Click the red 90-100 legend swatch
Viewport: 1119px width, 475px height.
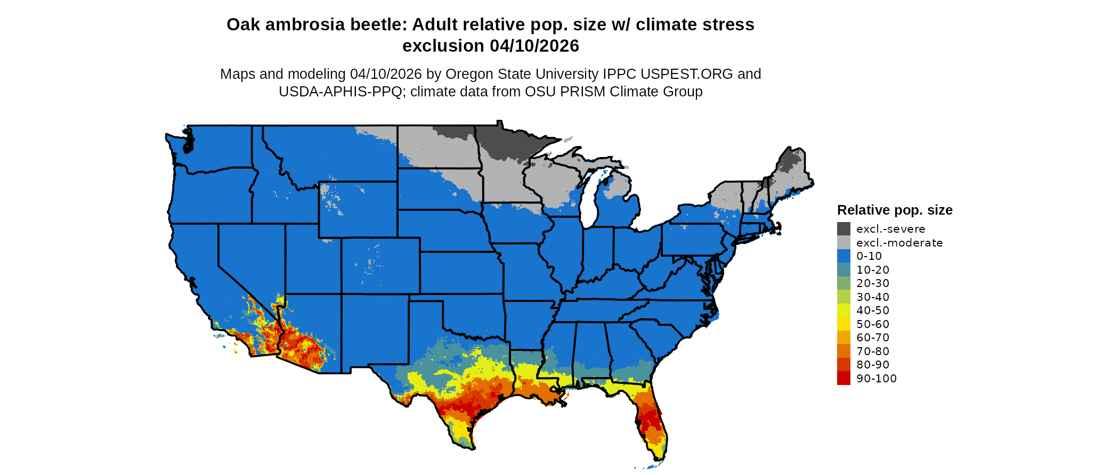[x=844, y=378]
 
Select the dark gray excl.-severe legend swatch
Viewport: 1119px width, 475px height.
[x=844, y=229]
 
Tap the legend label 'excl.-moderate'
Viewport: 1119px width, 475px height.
[x=899, y=243]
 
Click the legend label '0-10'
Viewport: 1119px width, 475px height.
[x=869, y=256]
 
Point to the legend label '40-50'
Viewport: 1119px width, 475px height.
[x=873, y=310]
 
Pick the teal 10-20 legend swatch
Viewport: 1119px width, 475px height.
[x=844, y=270]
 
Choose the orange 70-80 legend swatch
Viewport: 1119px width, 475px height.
[x=844, y=351]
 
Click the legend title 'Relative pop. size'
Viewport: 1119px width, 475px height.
[x=895, y=210]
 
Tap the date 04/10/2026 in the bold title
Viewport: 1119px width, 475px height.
[x=534, y=46]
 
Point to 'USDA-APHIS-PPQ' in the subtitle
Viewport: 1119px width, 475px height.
[x=340, y=92]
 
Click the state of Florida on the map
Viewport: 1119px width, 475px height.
[x=650, y=421]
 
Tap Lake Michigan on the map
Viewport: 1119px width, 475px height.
[x=588, y=200]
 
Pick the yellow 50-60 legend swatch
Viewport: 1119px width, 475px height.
[x=844, y=324]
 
